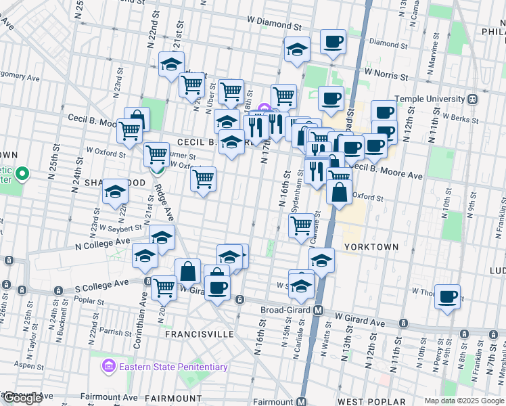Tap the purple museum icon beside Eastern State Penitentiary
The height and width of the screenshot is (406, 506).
coord(108,367)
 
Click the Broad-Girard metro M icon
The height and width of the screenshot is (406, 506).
coord(316,311)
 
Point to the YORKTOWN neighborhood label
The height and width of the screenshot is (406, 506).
coord(371,247)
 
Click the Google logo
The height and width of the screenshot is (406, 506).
coord(22,398)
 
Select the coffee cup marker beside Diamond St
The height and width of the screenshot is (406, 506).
coord(332,42)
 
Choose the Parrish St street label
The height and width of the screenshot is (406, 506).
coord(113,332)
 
